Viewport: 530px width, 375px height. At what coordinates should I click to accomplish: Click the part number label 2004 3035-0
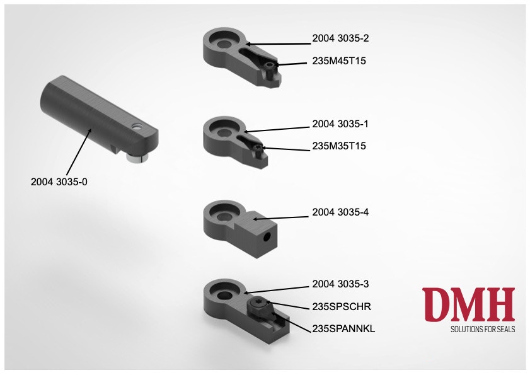59,182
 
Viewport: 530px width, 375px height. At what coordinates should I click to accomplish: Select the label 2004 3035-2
340,38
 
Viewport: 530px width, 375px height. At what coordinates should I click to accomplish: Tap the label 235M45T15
339,61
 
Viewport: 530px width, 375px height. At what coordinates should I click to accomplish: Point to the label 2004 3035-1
340,124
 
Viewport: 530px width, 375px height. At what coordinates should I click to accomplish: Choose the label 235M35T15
339,146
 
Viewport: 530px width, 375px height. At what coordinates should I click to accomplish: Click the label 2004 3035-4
340,212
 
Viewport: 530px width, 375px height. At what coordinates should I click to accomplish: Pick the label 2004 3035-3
340,284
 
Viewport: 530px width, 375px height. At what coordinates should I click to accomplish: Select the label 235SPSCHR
342,306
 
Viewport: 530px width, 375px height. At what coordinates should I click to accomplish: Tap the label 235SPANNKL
343,328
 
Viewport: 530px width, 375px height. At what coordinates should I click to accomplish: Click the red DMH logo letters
468,304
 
